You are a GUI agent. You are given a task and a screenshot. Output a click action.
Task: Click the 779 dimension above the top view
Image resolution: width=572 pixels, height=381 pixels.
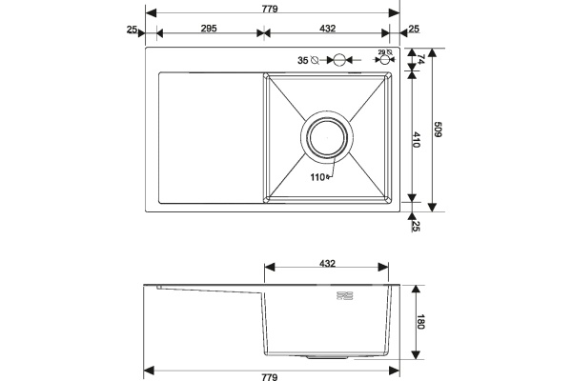(270, 9)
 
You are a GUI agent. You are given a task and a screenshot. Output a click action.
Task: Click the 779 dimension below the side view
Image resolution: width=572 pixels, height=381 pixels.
(270, 377)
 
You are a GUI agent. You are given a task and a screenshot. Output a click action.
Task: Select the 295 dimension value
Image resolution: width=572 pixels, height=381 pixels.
(209, 28)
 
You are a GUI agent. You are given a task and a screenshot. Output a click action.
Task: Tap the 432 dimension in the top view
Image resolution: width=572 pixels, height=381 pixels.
(327, 28)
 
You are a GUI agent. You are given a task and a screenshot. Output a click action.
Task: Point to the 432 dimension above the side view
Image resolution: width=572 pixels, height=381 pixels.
(327, 263)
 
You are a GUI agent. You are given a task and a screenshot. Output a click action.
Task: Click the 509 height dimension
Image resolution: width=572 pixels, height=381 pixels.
(438, 130)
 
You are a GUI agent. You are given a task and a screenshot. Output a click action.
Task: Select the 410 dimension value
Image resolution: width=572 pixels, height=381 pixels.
(417, 140)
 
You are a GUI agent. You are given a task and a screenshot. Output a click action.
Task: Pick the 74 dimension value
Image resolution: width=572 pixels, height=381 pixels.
(420, 59)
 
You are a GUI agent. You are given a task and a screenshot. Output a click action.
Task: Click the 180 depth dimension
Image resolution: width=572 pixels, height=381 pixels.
(420, 322)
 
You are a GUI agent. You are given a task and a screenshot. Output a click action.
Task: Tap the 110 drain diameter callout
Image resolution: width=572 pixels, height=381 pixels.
(317, 177)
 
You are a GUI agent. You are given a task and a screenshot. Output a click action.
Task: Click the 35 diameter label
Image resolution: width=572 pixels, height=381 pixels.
(303, 61)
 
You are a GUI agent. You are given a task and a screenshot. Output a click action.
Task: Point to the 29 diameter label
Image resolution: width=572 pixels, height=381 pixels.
(382, 52)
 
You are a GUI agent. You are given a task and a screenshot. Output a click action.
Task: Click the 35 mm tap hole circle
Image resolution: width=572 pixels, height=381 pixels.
(338, 59)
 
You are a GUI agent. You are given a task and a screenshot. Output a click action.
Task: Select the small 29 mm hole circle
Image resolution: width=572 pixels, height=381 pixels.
(384, 60)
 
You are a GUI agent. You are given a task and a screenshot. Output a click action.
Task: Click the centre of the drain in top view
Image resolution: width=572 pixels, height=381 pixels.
(327, 137)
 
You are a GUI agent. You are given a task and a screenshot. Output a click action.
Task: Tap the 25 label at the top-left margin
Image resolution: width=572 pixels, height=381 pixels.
(133, 30)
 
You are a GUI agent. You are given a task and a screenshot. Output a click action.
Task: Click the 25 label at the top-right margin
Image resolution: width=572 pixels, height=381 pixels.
(414, 29)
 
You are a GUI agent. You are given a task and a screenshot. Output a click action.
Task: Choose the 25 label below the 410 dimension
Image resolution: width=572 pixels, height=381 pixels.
(416, 226)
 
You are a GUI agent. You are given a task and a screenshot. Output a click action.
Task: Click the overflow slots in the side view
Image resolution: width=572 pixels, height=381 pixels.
(345, 295)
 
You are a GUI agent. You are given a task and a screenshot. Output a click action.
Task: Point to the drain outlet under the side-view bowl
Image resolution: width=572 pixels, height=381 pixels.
(327, 357)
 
